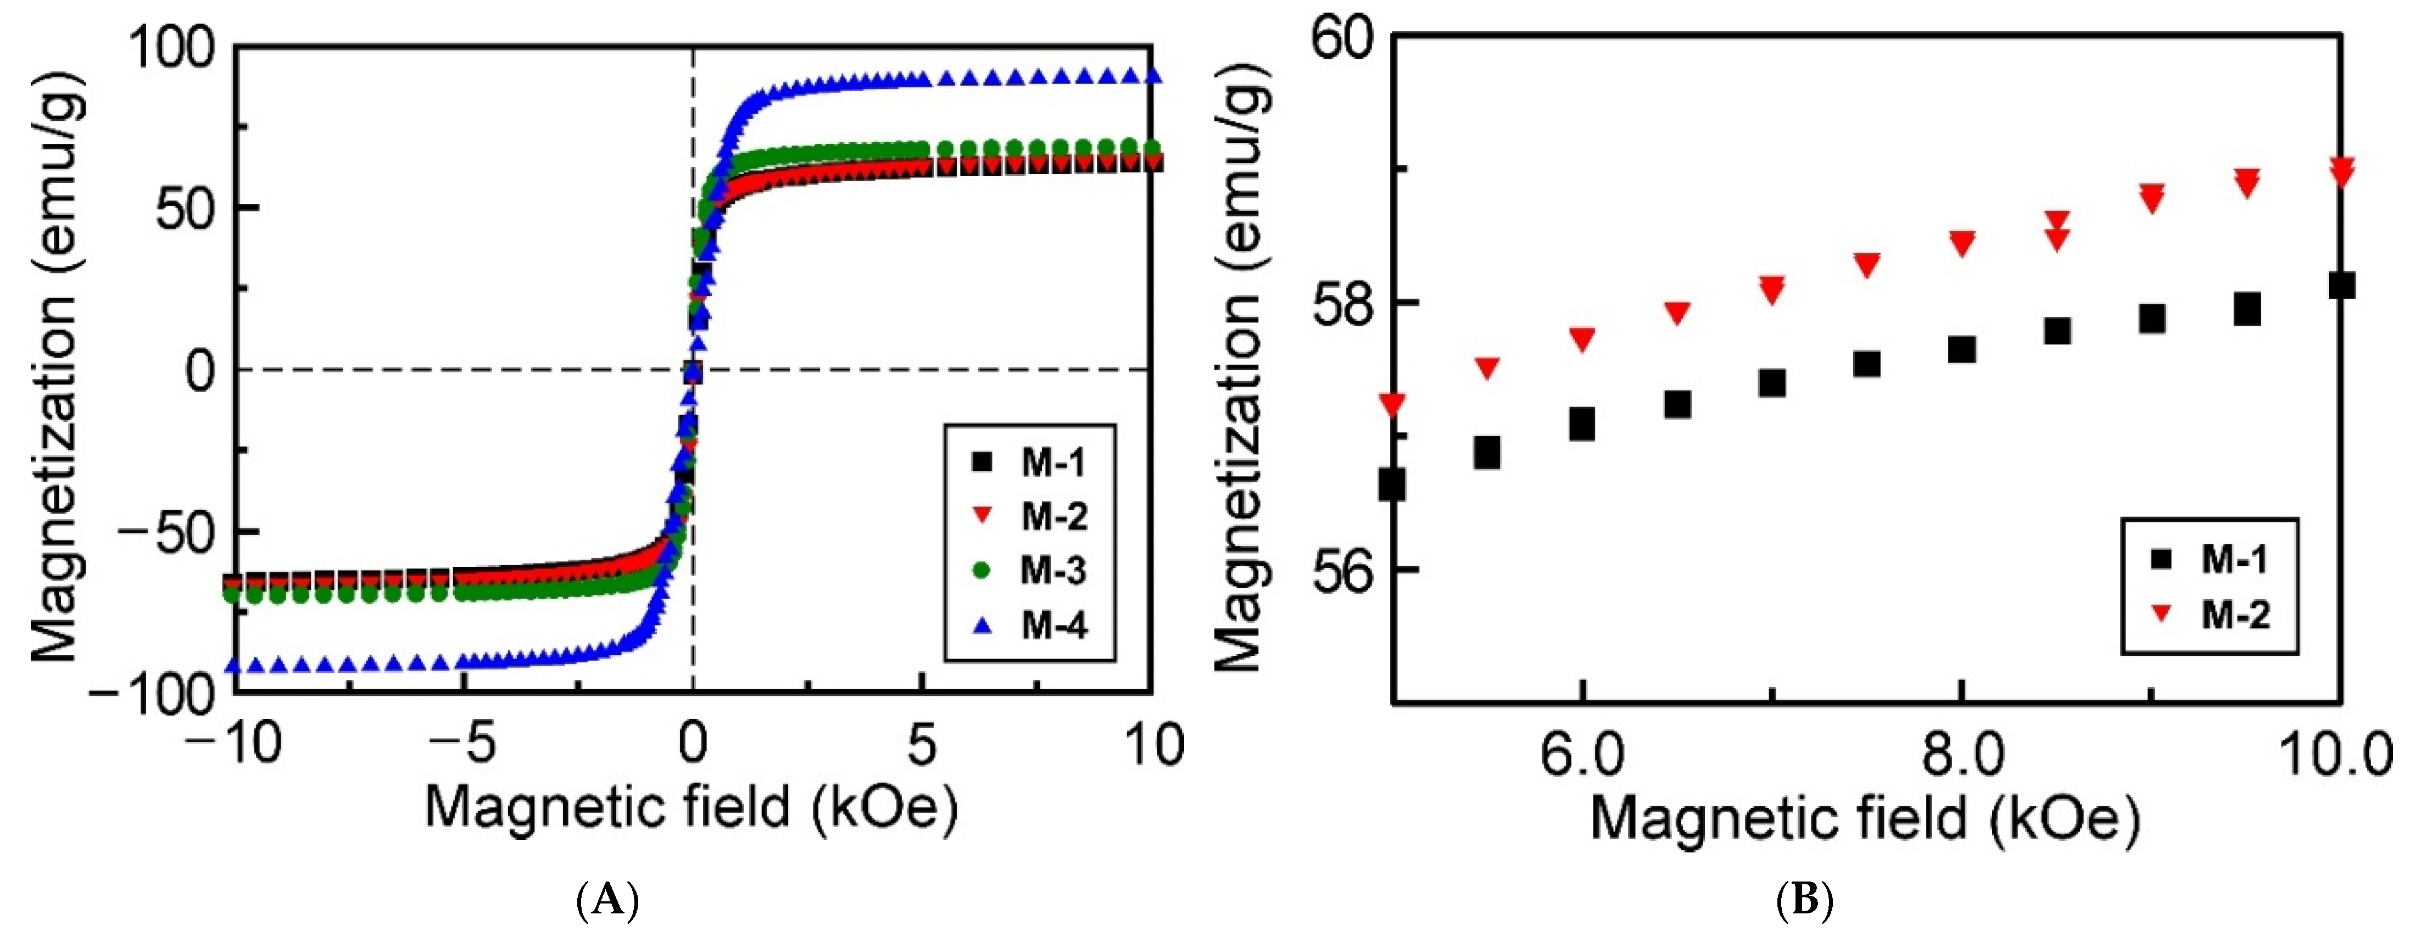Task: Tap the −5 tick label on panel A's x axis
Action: coord(465,745)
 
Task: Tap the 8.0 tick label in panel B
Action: coord(1962,756)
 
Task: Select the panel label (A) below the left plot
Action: coord(608,901)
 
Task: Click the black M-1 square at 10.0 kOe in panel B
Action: coord(2341,285)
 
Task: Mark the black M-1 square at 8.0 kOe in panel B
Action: coord(1961,350)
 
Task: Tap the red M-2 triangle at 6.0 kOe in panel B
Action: coord(1581,338)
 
